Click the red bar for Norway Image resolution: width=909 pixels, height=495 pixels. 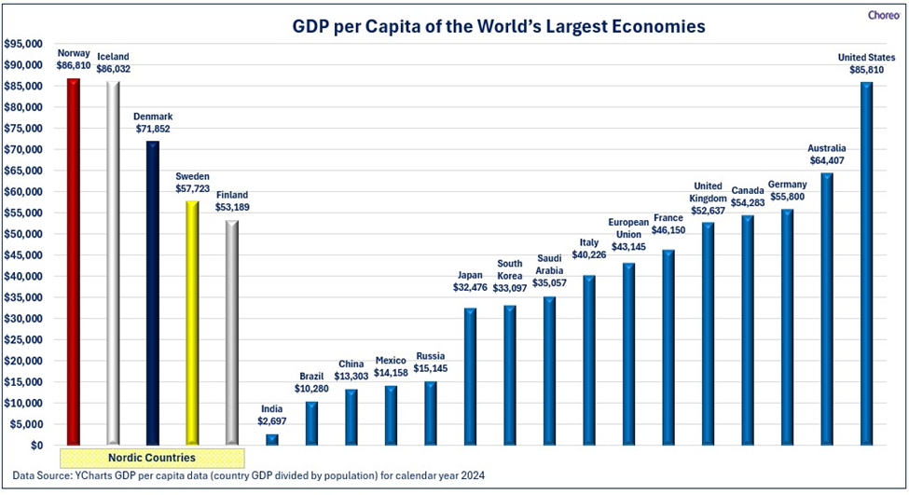coord(73,261)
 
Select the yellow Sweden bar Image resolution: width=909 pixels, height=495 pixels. coord(192,322)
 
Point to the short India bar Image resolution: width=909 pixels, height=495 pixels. coord(272,439)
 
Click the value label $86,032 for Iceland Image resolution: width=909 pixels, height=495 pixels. coord(113,69)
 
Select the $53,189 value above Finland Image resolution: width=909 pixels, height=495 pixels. coord(231,208)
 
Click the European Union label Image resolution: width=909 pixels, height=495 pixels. coord(628,228)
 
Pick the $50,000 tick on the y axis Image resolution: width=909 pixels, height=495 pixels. coord(24,234)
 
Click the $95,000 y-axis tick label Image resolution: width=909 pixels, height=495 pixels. coord(24,44)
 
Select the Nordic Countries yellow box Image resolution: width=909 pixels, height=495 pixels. coord(152,458)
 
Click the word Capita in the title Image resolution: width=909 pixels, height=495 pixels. coord(381,27)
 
